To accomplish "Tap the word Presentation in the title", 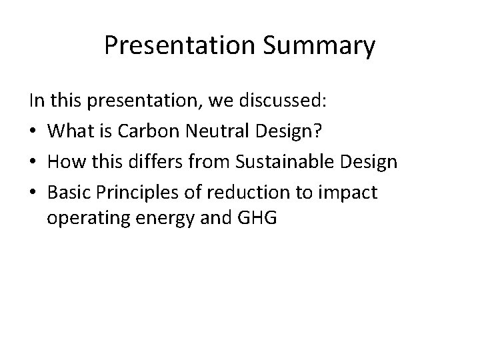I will [x=177, y=47].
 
